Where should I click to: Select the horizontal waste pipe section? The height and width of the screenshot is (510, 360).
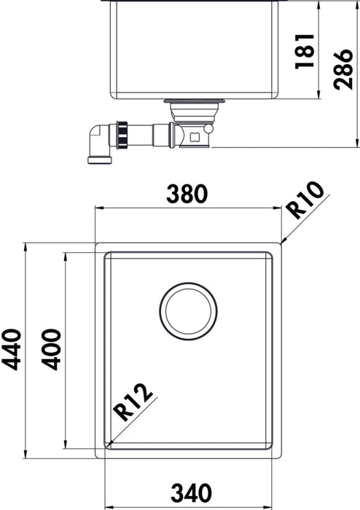[157, 135]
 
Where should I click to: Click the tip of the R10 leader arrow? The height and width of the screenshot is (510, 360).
[281, 241]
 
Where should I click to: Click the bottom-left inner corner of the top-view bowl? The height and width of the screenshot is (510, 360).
[109, 444]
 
